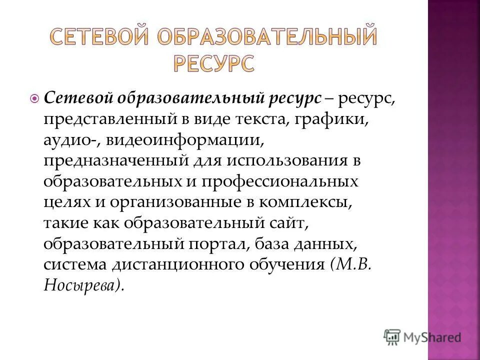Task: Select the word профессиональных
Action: click(x=280, y=182)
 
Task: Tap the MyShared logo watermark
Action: click(x=422, y=336)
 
